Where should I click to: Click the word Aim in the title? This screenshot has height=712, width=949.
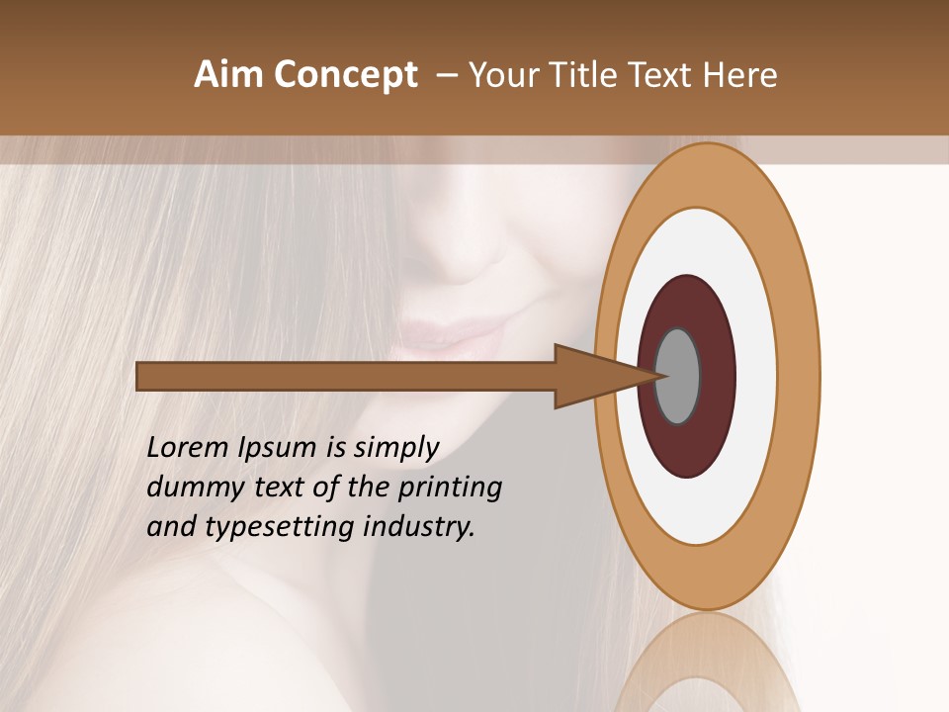tap(228, 75)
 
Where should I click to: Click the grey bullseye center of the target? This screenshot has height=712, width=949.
tap(678, 376)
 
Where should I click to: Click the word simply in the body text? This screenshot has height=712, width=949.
tap(394, 449)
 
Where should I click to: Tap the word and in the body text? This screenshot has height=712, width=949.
tap(170, 527)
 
